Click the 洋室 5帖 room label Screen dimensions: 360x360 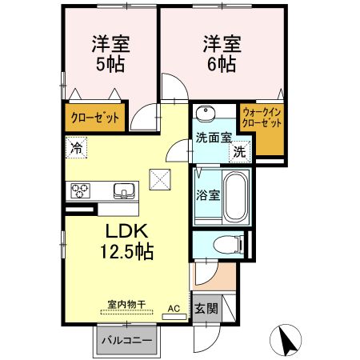[x=104, y=54]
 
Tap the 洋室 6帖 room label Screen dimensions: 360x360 [x=220, y=54]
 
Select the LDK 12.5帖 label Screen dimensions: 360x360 [x=126, y=240]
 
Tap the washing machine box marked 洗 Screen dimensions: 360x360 [x=239, y=149]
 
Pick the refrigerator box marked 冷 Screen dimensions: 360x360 [x=77, y=147]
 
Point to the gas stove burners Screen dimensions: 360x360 [x=81, y=191]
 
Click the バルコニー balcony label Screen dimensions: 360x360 [x=127, y=341]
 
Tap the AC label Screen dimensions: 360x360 [x=173, y=307]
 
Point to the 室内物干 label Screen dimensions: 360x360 [x=126, y=305]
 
